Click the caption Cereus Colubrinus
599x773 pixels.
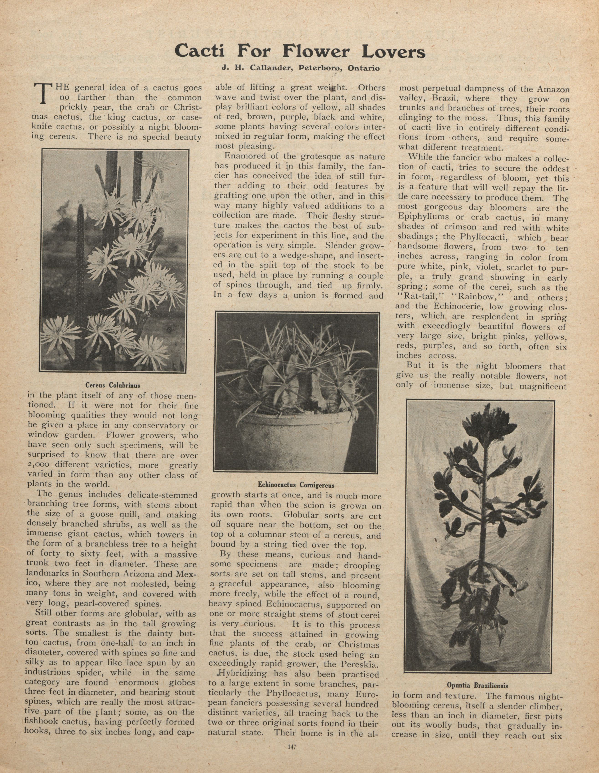pyautogui.click(x=113, y=385)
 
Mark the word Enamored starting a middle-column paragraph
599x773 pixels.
pyautogui.click(x=243, y=156)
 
